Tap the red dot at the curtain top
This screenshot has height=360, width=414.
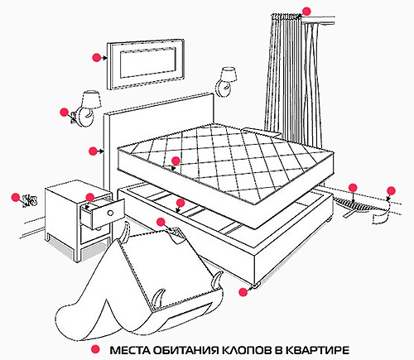[306, 12]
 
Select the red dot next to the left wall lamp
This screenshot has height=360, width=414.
[64, 111]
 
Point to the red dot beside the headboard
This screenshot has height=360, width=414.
[92, 151]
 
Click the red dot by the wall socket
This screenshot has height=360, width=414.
[14, 196]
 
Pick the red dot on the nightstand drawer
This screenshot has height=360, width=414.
[89, 198]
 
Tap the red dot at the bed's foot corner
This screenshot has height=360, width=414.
[243, 291]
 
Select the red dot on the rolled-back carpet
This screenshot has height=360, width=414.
[159, 221]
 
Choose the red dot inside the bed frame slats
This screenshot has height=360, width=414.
[180, 202]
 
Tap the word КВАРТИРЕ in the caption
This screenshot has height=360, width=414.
[313, 349]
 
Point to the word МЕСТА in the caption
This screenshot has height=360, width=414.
[131, 349]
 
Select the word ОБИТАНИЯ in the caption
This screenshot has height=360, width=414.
[185, 349]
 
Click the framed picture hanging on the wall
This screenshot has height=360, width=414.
[147, 60]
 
